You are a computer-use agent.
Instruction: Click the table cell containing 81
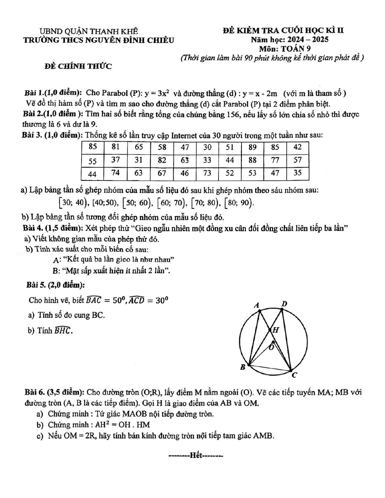[115, 147]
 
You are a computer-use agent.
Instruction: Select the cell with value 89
[252, 147]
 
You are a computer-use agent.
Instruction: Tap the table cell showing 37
[115, 160]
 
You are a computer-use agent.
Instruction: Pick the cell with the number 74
[115, 173]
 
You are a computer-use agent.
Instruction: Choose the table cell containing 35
[297, 173]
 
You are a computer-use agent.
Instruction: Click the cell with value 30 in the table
[207, 147]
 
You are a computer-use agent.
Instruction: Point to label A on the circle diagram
[257, 305]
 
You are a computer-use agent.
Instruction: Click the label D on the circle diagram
[284, 304]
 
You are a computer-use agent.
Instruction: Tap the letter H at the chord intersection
[275, 330]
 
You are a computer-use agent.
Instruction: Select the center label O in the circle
[271, 347]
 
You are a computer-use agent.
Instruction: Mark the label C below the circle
[294, 375]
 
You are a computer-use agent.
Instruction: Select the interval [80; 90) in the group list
[239, 203]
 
